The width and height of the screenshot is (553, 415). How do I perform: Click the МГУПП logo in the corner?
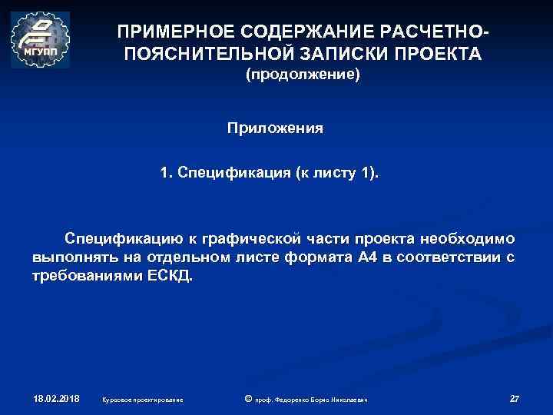pyautogui.click(x=40, y=40)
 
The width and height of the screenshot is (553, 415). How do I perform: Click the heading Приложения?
pyautogui.click(x=275, y=128)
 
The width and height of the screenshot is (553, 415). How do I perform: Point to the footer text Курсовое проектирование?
pyautogui.click(x=142, y=400)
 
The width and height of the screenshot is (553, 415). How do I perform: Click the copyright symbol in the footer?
pyautogui.click(x=247, y=399)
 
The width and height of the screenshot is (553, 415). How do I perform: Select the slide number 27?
pyautogui.click(x=514, y=399)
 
